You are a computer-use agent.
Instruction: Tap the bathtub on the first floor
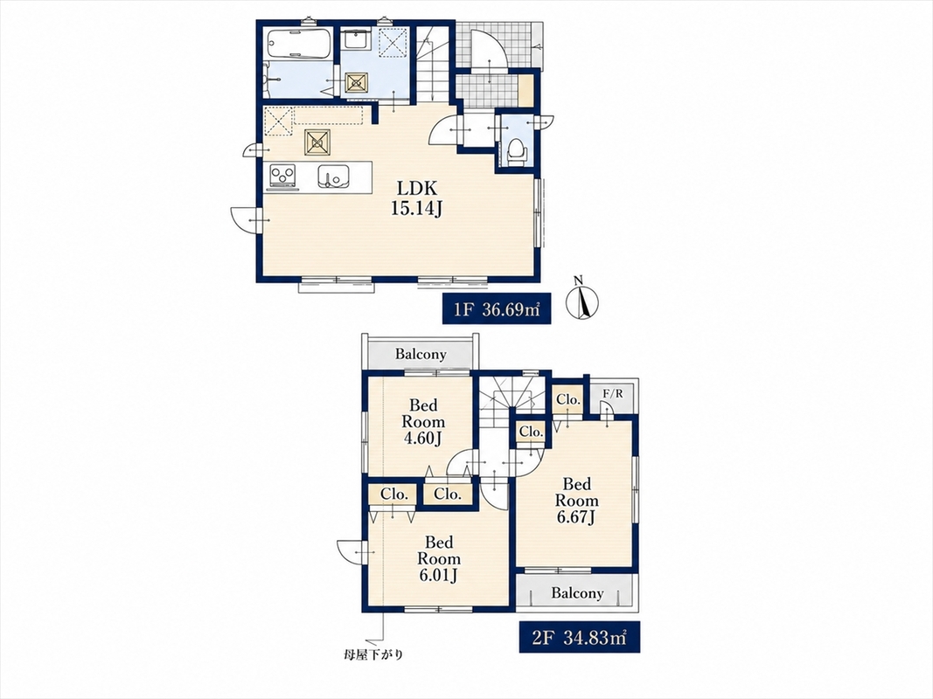coord(299,44)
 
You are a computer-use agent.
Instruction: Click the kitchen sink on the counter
coord(332,176)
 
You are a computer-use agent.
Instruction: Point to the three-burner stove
coord(282,176)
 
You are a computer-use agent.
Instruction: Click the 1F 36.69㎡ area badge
coord(491,308)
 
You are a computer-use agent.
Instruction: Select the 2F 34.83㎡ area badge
coord(579,637)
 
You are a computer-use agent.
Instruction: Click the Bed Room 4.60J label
coord(423,421)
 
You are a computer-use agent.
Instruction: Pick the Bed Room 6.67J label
coord(576,501)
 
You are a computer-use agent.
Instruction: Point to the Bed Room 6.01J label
coord(439,558)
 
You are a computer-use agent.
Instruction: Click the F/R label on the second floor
coord(613,393)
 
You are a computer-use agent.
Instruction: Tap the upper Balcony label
coord(421,354)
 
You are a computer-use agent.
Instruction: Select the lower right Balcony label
coord(577,592)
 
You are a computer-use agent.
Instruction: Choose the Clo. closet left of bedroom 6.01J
coord(393,494)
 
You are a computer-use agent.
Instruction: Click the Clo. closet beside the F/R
coord(568,399)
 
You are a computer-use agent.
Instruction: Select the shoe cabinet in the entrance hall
coord(526,91)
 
